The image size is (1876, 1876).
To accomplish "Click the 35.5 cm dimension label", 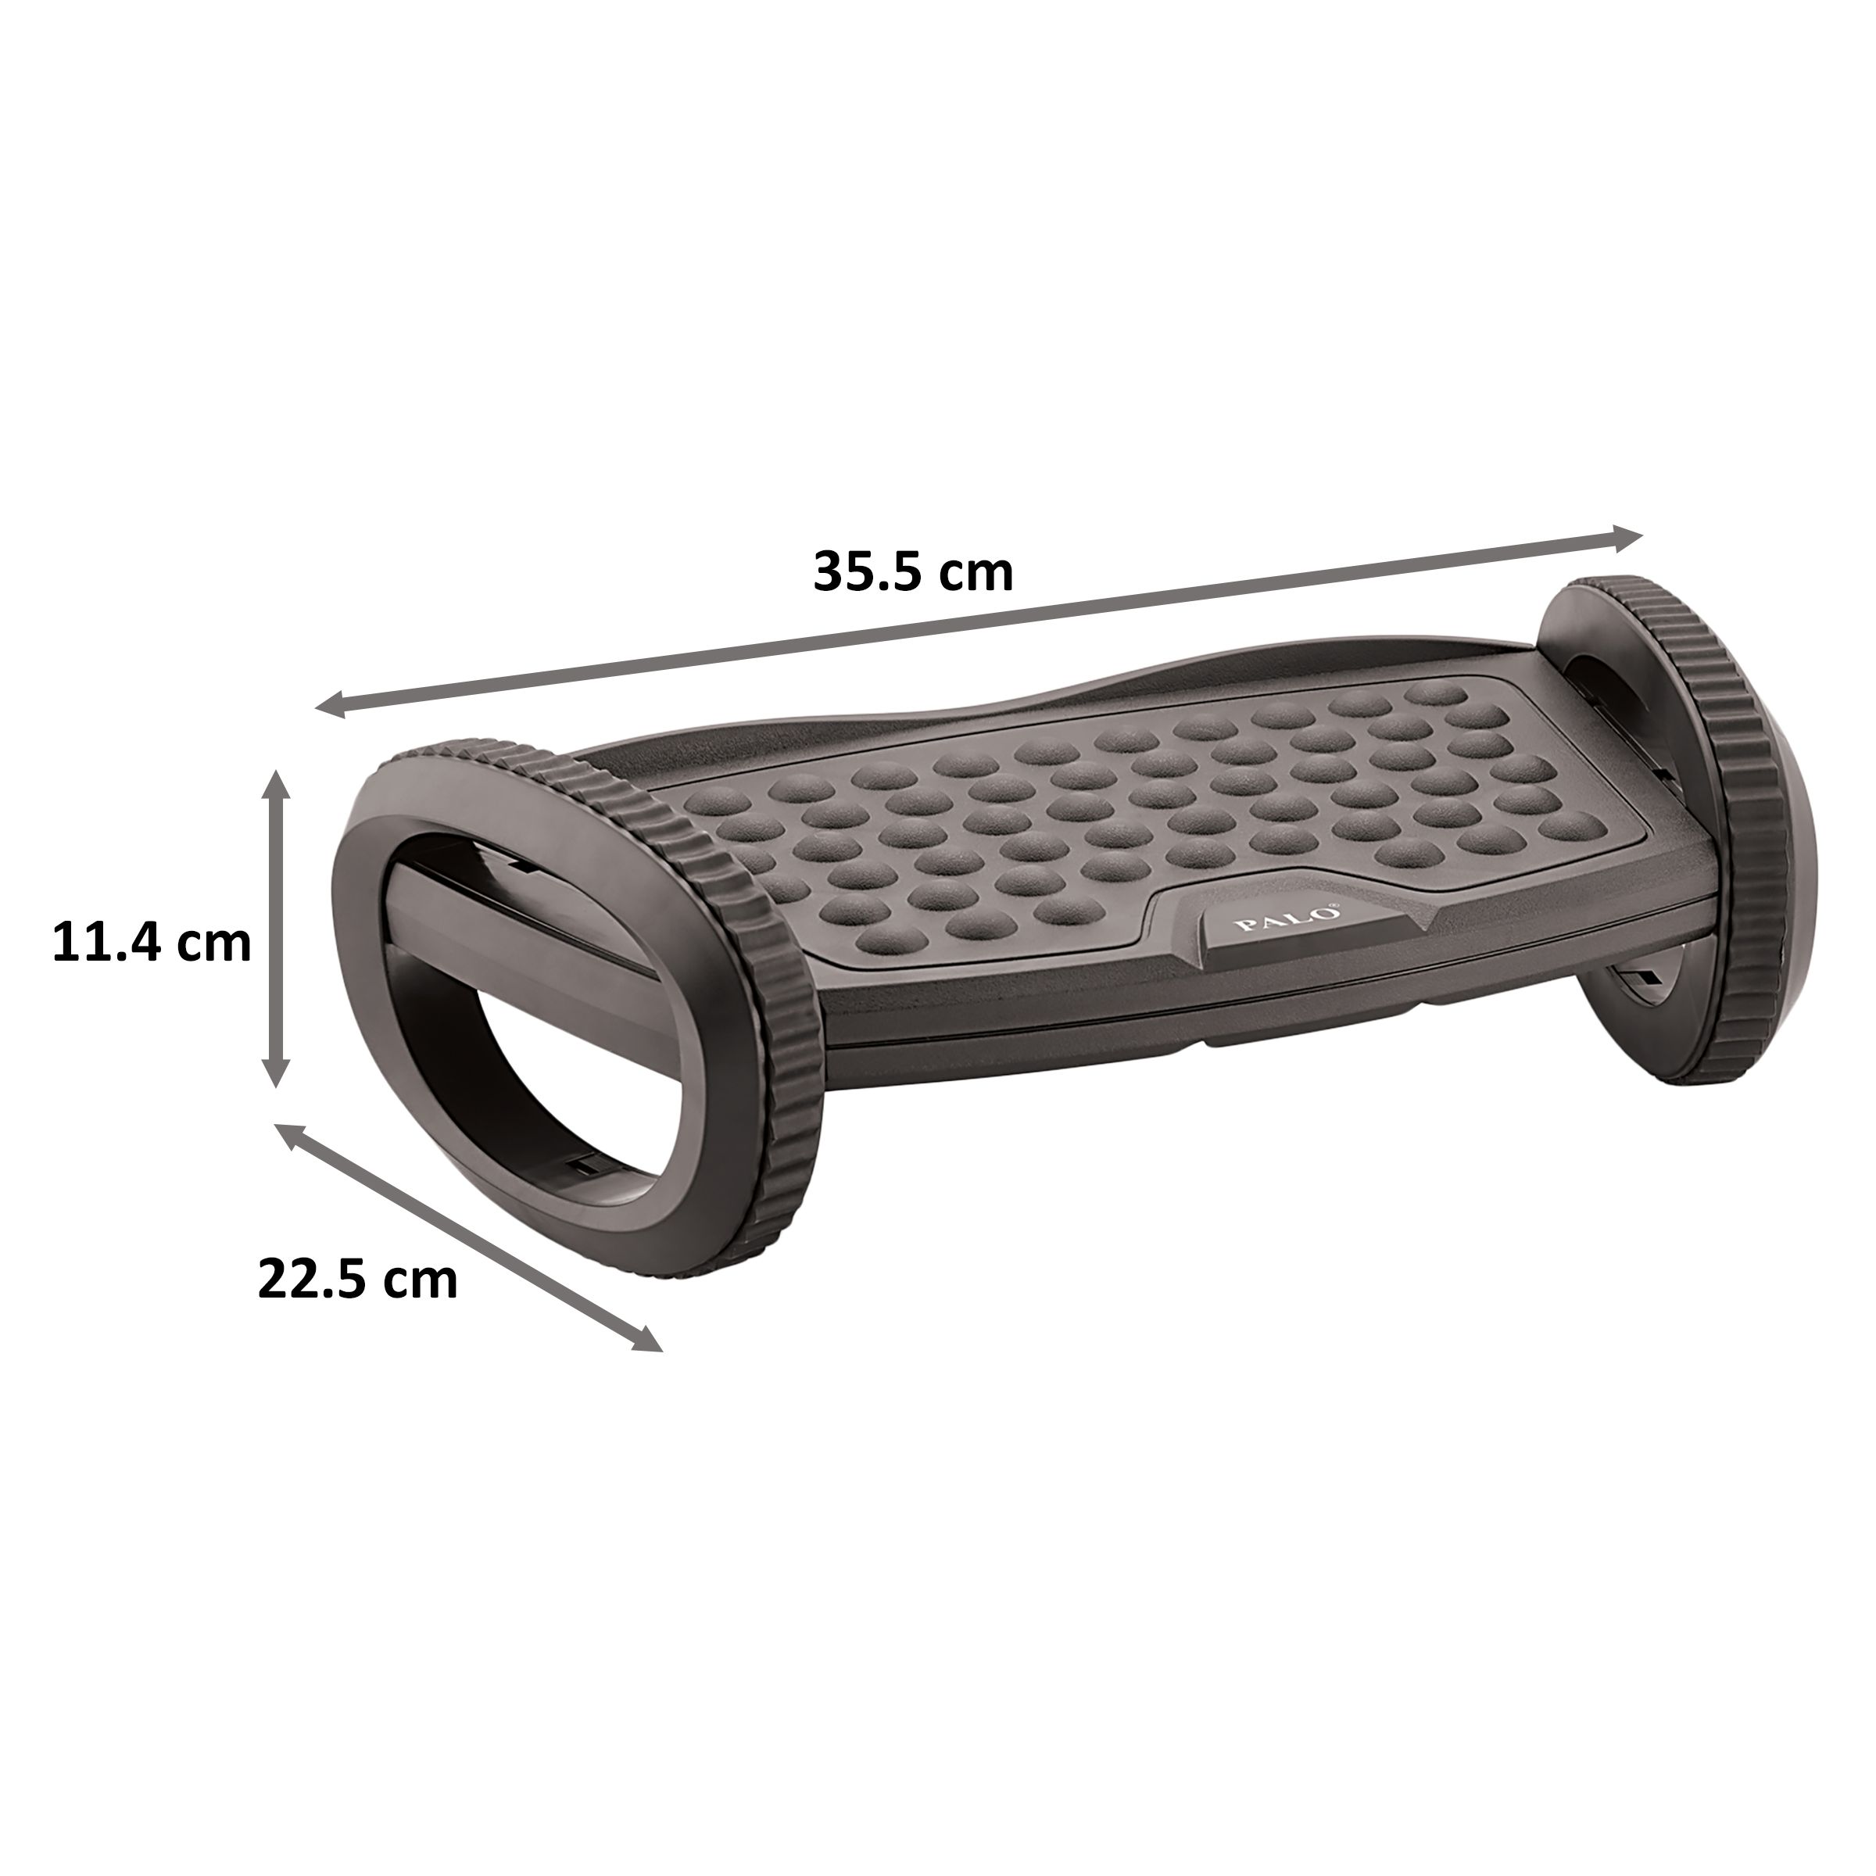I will coord(913,572).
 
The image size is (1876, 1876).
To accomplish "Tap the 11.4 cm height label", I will coord(152,942).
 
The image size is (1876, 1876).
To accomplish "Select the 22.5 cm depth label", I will coord(357,1280).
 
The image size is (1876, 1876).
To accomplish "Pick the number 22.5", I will coord(313,1280).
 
